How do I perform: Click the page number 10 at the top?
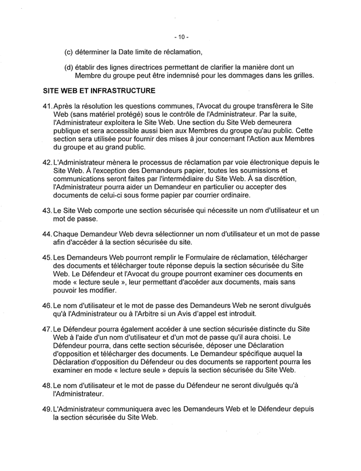tap(181, 37)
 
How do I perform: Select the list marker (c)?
tap(68, 52)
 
